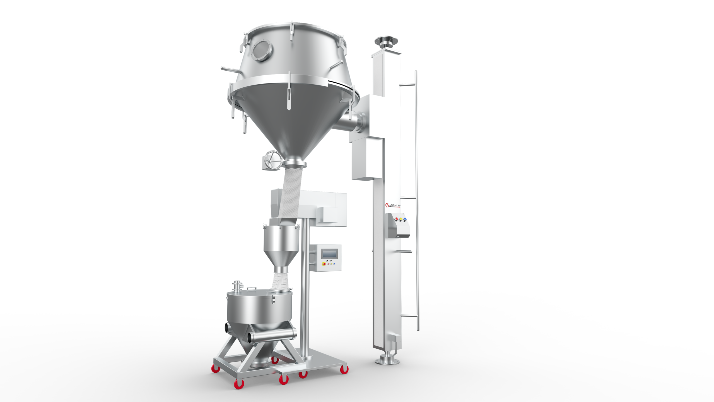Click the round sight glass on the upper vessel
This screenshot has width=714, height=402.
261,50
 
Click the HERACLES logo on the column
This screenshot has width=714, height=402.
393,205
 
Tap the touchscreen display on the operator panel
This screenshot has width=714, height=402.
329,254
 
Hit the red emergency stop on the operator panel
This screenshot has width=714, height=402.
324,263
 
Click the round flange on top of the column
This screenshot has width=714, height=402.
386,40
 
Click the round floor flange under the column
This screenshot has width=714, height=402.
387,361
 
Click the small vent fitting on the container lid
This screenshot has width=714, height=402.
237,286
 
